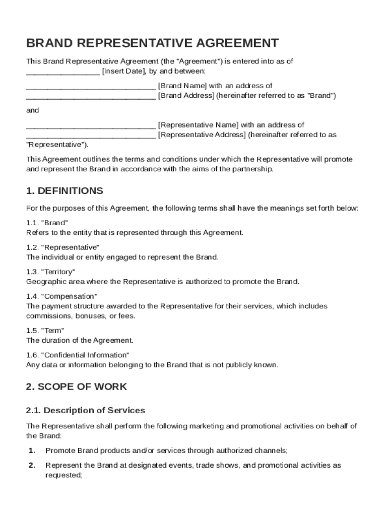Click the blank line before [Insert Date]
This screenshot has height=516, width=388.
(x=63, y=71)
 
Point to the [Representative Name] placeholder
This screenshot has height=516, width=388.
(x=198, y=124)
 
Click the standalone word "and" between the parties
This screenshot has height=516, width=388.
(x=32, y=110)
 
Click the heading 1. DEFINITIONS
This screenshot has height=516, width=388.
(x=64, y=191)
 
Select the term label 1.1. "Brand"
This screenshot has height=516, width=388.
(x=47, y=223)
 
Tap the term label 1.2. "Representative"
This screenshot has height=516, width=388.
(x=62, y=247)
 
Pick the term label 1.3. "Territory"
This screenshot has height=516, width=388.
(x=51, y=272)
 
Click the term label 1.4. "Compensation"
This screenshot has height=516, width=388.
(x=61, y=296)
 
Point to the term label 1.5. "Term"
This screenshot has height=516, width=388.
(x=45, y=331)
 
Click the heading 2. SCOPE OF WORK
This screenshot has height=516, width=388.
(x=77, y=387)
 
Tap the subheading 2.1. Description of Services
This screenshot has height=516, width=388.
(x=86, y=410)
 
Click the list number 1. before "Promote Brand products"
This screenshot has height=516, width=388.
(x=32, y=450)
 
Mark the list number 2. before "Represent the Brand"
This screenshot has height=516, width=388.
(x=32, y=465)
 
